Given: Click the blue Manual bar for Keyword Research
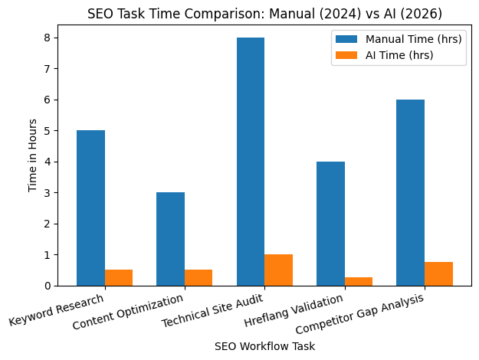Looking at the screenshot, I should coord(90,208).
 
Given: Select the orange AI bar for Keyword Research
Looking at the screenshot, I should coord(119,277).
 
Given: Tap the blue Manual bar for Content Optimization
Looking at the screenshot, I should coord(170,239).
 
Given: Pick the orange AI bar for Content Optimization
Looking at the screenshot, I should coord(198,277).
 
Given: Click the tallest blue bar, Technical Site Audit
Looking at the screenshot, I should coord(251,162).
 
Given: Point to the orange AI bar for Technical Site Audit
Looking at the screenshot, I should coord(278,270).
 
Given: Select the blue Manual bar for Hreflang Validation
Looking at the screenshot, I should coord(330,224).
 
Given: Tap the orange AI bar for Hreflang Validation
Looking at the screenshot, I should coord(359,281).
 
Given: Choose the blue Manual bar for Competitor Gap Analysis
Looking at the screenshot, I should coord(411,192).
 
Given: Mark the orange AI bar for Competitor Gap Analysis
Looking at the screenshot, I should coord(438,273).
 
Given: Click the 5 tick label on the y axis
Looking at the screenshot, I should coord(49,131).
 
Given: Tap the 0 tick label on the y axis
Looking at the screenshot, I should coord(49,286).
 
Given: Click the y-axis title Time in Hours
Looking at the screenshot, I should coord(33,155).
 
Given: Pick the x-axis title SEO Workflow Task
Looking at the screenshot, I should coord(264,346).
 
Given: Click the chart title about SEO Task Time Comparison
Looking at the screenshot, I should coord(264,14).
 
